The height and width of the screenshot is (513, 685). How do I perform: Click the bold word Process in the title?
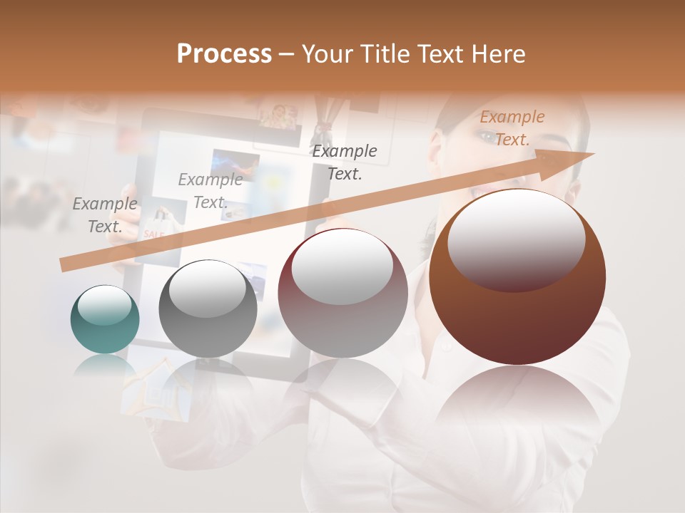coord(224,54)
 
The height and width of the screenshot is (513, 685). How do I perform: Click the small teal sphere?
coord(105,321)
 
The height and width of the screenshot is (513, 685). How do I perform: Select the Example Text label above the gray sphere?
coord(210,191)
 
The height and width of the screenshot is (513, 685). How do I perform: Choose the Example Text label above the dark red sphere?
coord(345,162)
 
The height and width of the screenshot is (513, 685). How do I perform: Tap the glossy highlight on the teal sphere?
coord(104,305)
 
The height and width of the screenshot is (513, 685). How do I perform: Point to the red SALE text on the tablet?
coord(153,234)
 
